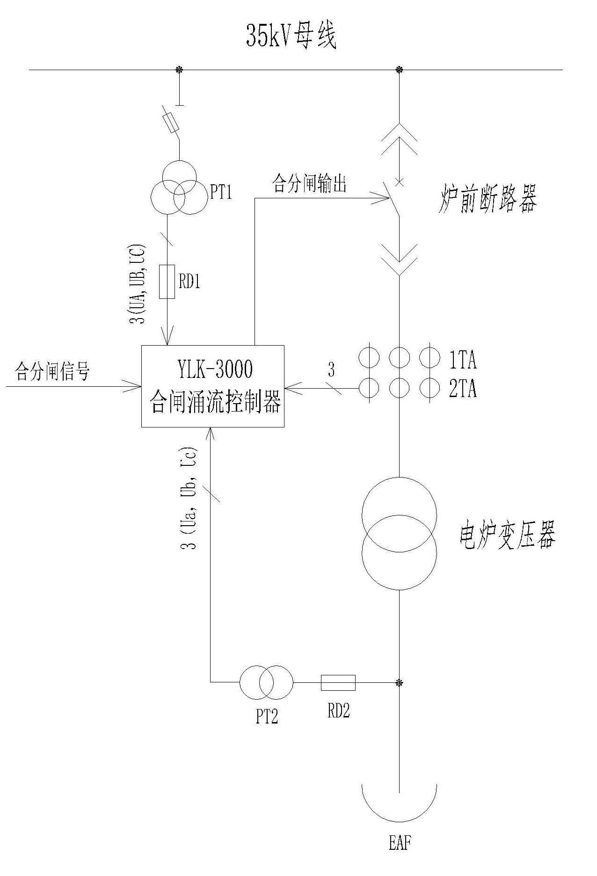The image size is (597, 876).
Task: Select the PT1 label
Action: (221, 192)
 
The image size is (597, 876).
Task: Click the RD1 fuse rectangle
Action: (167, 282)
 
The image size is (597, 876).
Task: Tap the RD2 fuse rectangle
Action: (338, 683)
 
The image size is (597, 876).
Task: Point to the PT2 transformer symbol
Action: (266, 682)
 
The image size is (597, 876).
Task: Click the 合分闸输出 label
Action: (310, 184)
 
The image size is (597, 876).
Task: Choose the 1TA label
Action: (463, 360)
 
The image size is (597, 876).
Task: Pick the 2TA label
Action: (463, 389)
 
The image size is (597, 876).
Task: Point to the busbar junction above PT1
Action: (179, 70)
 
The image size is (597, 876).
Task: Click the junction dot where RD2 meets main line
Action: (399, 683)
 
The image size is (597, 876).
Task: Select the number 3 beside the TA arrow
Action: (331, 371)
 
